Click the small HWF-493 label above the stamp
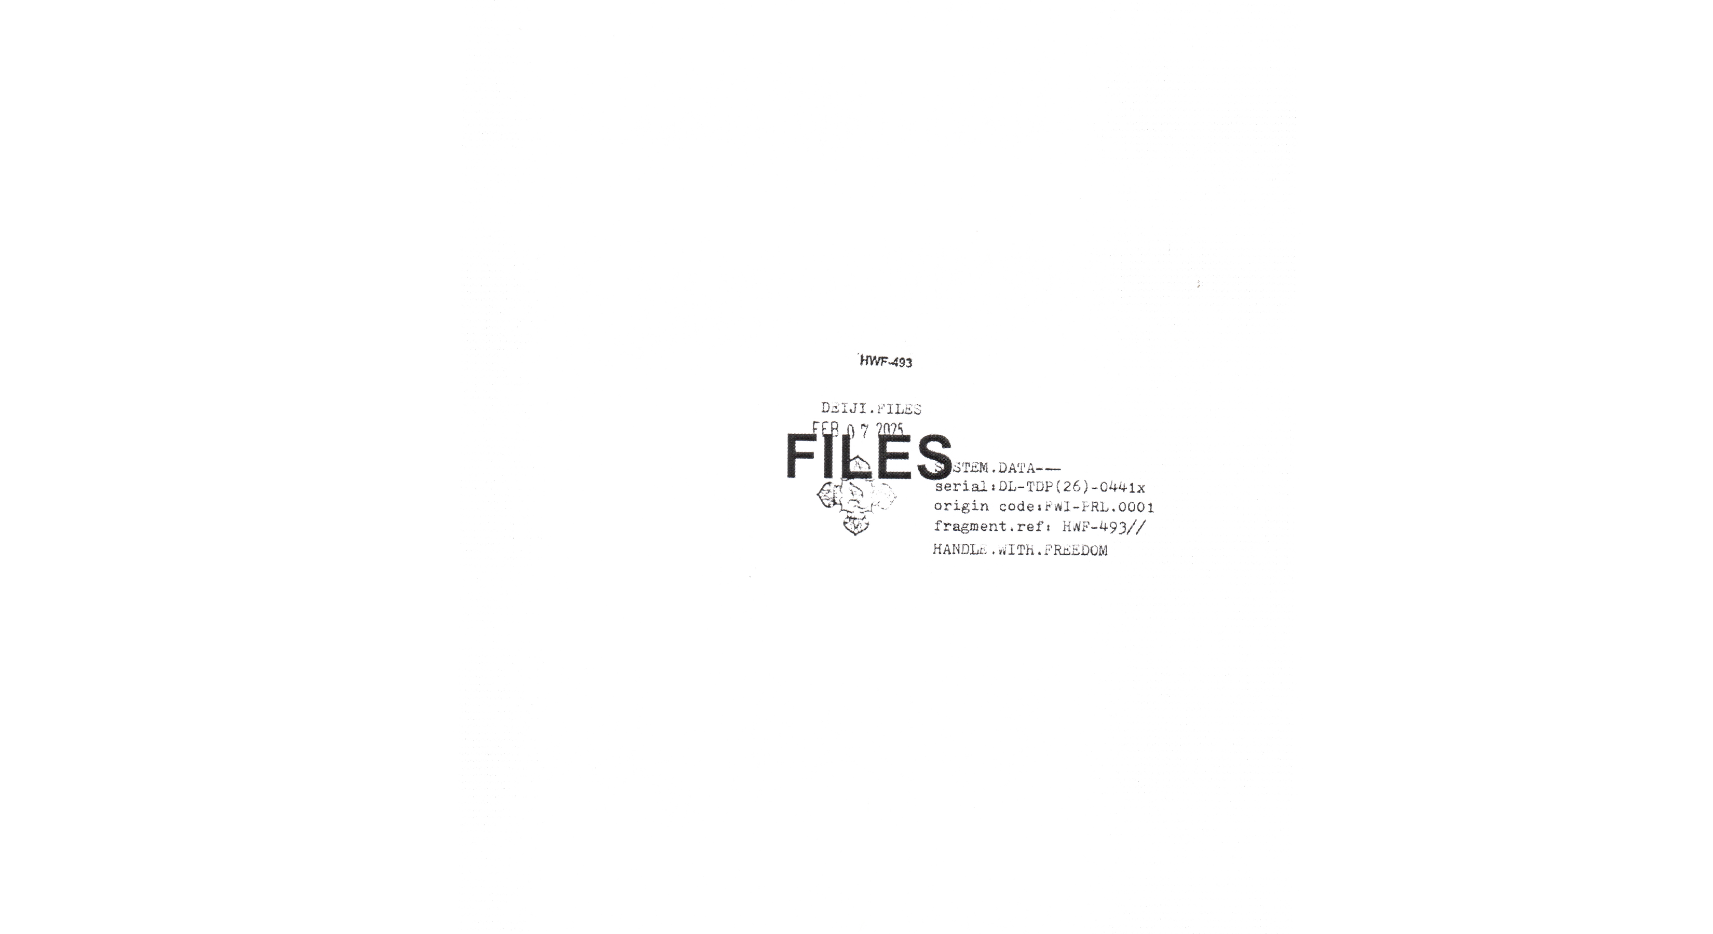[x=886, y=362]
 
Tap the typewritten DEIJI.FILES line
[x=871, y=408]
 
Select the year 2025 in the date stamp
[x=890, y=430]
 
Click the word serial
[x=960, y=487]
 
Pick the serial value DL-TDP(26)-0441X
[x=1072, y=487]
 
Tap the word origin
[x=961, y=506]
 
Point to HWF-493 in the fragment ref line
[x=1095, y=527]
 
